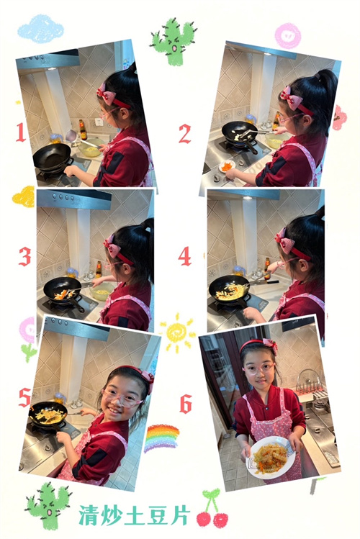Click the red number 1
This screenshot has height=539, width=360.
click(x=21, y=132)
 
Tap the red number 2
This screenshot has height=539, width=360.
click(x=184, y=134)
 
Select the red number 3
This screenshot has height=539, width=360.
click(x=24, y=257)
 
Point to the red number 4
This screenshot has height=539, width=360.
click(x=184, y=256)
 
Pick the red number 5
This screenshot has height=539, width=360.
click(x=24, y=398)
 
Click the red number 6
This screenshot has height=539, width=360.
click(x=186, y=404)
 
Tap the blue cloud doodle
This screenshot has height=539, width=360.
click(x=40, y=29)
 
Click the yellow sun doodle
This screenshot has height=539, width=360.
click(x=177, y=332)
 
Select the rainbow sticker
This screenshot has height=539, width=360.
click(x=161, y=438)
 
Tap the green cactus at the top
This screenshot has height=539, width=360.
click(x=174, y=41)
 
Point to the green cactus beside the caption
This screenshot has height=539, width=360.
click(x=48, y=505)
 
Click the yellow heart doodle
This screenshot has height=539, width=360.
click(x=24, y=197)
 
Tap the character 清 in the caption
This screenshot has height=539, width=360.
click(x=89, y=515)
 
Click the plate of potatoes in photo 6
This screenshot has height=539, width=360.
click(x=270, y=457)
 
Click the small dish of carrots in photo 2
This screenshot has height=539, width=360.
click(x=228, y=166)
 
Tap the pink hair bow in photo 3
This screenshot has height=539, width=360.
click(x=113, y=246)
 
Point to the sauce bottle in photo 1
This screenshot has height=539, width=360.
click(x=83, y=130)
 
